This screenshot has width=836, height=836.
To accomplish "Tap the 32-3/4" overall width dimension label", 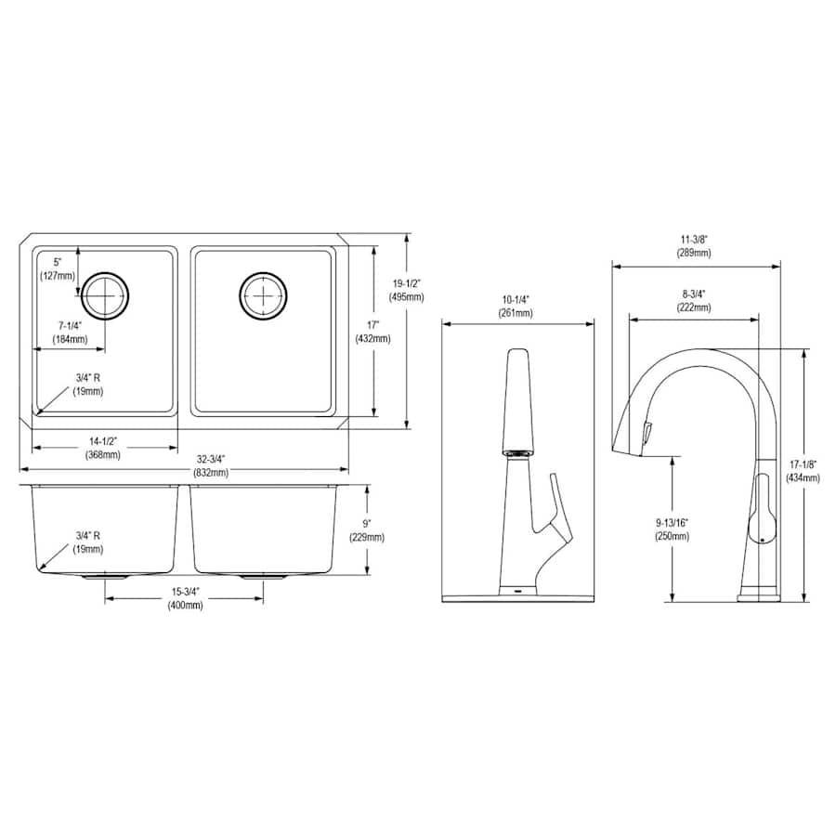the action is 211,465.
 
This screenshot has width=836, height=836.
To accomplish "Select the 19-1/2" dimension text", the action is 407,290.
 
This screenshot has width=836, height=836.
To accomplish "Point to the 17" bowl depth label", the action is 372,332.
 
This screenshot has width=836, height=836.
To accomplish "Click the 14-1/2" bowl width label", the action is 103,448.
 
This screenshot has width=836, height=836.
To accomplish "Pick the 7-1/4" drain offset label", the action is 70,333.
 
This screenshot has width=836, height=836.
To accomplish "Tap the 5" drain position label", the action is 58,268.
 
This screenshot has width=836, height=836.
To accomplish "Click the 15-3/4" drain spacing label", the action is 185,598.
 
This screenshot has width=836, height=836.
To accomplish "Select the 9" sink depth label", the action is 367,530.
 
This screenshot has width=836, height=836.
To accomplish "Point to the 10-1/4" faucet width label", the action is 516,306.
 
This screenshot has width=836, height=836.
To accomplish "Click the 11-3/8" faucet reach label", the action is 694,246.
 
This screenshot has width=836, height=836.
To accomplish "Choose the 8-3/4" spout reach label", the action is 694,300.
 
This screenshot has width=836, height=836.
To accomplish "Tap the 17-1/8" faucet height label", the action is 803,471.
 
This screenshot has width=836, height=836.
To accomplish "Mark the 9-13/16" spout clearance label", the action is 673,529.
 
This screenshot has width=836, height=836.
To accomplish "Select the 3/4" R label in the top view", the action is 87,385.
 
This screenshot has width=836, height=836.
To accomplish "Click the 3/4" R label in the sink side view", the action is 87,542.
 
